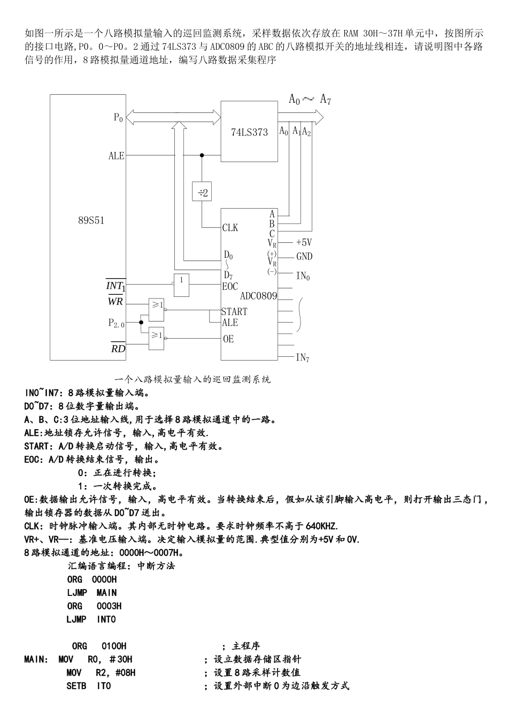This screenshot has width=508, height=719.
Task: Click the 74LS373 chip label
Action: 249,132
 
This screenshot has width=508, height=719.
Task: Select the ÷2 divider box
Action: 202,192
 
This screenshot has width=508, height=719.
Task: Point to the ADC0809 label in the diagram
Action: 259,295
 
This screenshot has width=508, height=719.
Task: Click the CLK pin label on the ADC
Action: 230,228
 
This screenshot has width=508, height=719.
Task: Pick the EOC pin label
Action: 230,286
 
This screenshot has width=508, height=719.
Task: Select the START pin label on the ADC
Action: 234,311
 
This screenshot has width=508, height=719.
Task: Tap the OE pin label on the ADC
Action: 228,339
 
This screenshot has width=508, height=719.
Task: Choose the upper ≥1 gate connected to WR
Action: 157,305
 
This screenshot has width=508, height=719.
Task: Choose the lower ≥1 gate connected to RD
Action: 157,335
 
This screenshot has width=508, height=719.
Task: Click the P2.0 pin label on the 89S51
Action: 116,323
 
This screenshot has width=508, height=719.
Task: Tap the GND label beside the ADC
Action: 304,257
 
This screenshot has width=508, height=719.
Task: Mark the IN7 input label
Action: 303,357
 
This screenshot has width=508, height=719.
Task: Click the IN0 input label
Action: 303,276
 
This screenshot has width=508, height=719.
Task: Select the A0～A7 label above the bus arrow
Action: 310,99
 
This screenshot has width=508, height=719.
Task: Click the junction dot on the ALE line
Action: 202,156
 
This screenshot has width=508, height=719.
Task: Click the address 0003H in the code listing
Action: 109,606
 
